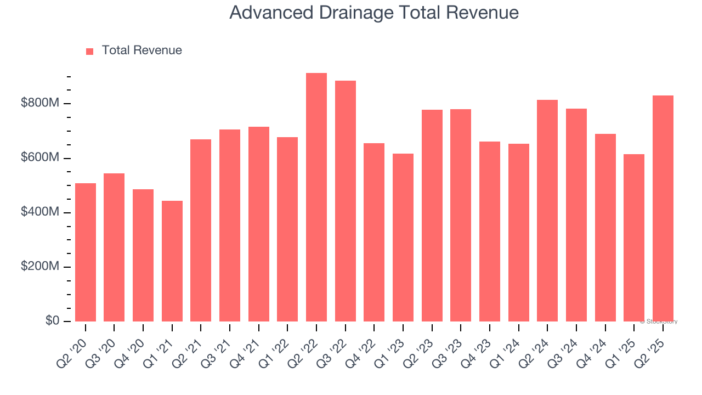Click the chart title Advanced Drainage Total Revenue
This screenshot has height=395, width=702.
coord(374,13)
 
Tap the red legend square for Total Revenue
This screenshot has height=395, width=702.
coord(90,51)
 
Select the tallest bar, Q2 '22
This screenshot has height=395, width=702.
coord(316,198)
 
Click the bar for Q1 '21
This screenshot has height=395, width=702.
coord(172,261)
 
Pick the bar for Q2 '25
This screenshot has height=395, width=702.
coord(663,208)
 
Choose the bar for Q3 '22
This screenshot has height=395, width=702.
coord(346,201)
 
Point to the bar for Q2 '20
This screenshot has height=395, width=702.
coord(86,252)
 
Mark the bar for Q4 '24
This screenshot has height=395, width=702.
coord(605,228)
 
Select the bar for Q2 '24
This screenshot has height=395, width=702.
coord(547,211)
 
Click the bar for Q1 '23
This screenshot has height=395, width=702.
coord(403,238)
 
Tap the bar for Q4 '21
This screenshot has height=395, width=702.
coord(259,224)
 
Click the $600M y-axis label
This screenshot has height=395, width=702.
coord(39,157)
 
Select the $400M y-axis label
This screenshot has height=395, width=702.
coord(39,212)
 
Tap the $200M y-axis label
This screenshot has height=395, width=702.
coord(39,266)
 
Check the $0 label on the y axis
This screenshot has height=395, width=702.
coord(53,320)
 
